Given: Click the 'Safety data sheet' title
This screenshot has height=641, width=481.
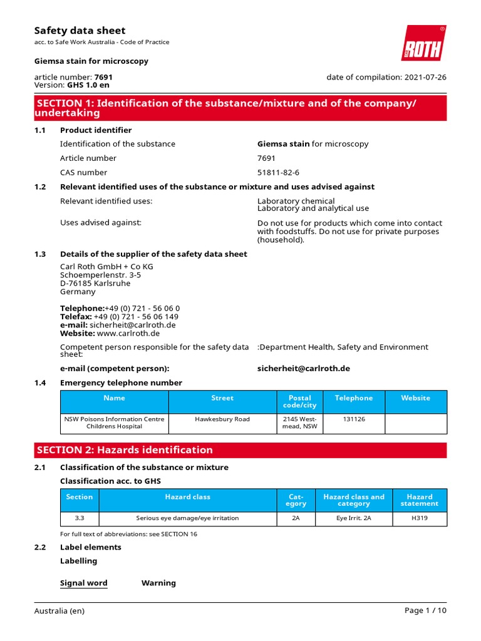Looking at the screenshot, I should tap(80, 31).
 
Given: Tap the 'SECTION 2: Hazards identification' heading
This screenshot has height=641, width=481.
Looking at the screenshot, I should tap(125, 450).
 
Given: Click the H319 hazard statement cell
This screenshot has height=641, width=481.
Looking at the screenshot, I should tap(420, 518).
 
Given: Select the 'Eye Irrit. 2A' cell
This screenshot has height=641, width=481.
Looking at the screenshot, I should tap(353, 518).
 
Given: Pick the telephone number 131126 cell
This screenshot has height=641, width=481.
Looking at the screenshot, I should tap(353, 419).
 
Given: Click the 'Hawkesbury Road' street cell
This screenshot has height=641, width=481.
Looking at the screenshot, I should tap(222, 419).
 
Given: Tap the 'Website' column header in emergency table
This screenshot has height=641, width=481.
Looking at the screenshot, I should tap(416, 398).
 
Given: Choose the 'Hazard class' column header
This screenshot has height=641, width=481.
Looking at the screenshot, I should tap(188, 497).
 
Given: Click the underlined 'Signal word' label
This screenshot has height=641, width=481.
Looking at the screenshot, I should tap(83, 583).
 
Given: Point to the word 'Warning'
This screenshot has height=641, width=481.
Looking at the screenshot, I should tap(158, 583).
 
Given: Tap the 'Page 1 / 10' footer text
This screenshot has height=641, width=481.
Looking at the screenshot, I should tap(425, 611).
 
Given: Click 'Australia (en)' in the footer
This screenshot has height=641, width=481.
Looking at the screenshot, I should tap(59, 611).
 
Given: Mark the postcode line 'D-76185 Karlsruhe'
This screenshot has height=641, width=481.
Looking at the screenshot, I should tap(95, 284).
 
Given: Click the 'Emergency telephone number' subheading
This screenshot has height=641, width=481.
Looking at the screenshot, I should tap(121, 383).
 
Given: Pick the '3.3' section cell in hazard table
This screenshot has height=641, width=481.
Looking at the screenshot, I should tap(80, 518).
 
